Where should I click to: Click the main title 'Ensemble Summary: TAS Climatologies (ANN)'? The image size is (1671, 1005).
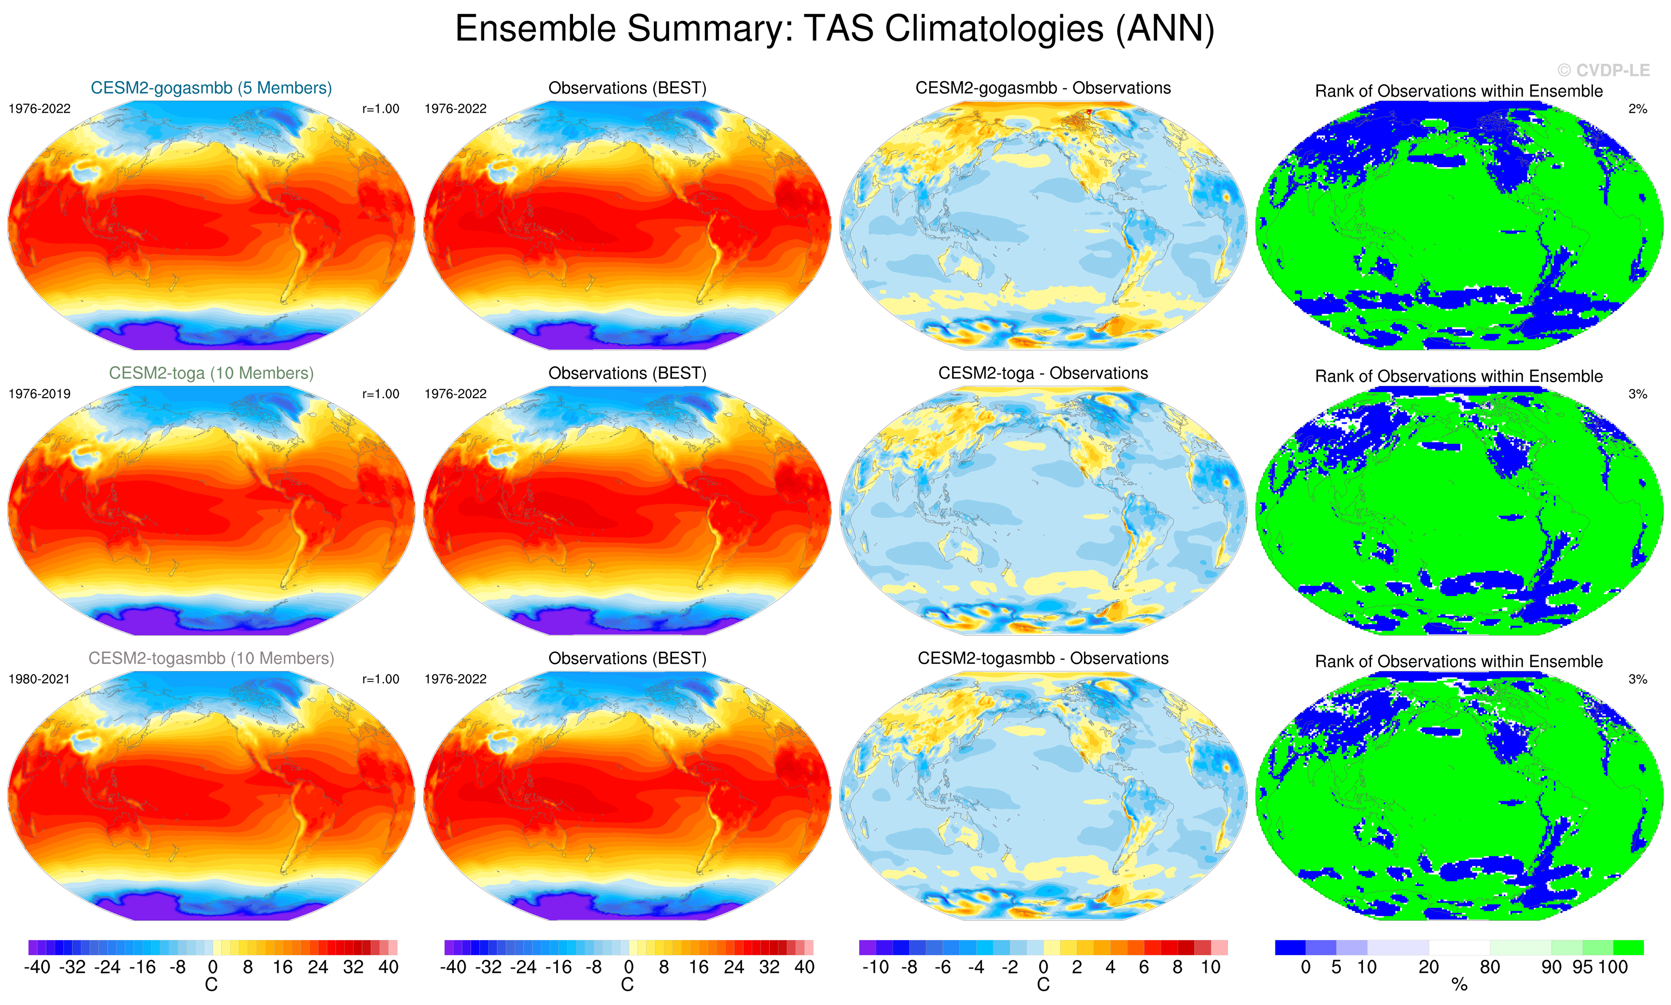point(834,29)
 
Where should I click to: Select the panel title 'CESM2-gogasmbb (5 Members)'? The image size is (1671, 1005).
point(211,88)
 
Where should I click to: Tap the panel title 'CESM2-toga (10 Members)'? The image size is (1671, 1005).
point(211,373)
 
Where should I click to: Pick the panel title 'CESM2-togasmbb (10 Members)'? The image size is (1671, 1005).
point(211,658)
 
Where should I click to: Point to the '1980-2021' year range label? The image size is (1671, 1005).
point(39,679)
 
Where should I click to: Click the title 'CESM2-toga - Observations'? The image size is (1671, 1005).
point(1043,373)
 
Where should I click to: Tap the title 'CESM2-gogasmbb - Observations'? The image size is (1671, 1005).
point(1043,88)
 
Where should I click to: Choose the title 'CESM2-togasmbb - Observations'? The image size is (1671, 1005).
point(1043,658)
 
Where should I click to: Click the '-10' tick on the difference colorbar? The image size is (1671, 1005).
point(876,967)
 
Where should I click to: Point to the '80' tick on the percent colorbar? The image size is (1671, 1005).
point(1490,967)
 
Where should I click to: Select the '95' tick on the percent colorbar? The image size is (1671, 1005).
point(1582,967)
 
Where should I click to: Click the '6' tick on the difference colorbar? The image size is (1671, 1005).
point(1144,967)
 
